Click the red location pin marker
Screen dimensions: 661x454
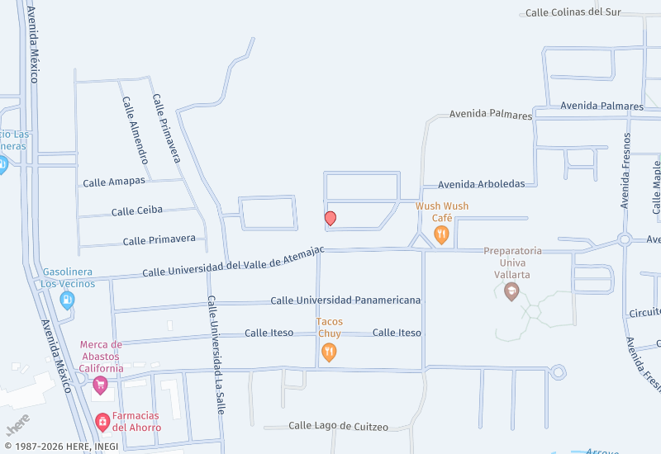click(x=330, y=218)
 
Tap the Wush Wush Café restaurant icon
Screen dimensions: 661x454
click(x=442, y=235)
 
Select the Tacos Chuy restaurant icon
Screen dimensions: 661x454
click(x=329, y=352)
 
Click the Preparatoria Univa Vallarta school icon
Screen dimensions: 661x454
click(x=511, y=291)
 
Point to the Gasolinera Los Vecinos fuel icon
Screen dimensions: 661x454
click(x=68, y=300)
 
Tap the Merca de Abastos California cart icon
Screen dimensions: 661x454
click(x=101, y=384)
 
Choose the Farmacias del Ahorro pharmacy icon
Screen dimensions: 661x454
click(x=102, y=423)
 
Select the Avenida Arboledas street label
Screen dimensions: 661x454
click(x=481, y=184)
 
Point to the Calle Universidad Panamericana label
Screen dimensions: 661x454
click(x=345, y=300)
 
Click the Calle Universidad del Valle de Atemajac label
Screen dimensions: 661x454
click(x=233, y=261)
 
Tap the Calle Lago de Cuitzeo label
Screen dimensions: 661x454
click(x=338, y=426)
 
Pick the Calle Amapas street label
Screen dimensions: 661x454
click(x=114, y=181)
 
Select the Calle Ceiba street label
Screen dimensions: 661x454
click(x=137, y=211)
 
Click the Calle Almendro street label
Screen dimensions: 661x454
click(x=136, y=130)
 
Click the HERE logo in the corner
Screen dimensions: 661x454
click(x=18, y=424)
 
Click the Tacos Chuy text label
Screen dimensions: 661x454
click(x=329, y=328)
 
